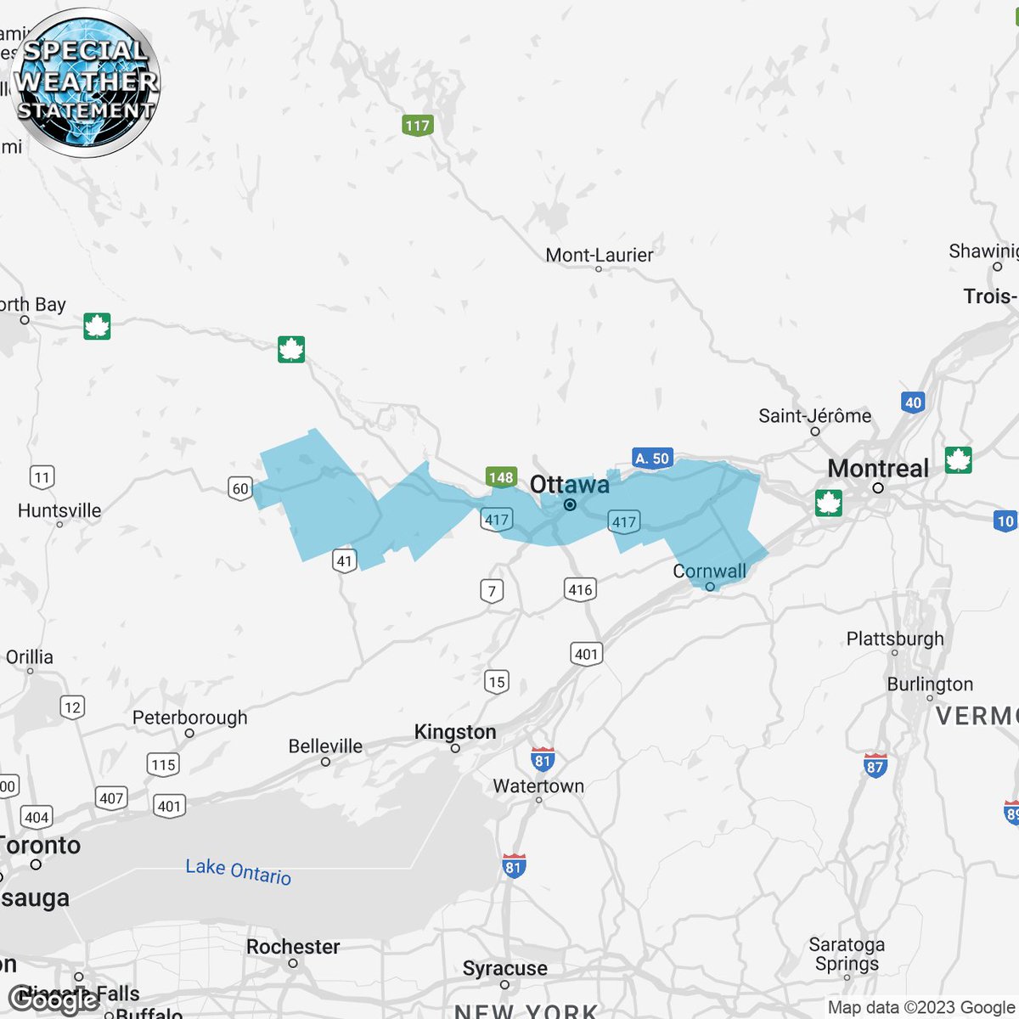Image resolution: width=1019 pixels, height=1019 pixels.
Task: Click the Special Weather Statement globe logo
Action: pos(87,83)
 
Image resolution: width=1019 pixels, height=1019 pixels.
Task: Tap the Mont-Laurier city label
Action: pos(600,255)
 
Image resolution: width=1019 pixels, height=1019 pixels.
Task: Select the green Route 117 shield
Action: pos(417,126)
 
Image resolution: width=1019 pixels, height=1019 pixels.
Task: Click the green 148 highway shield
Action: pos(501,477)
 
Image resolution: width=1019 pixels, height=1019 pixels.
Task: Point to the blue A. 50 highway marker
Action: pos(652,459)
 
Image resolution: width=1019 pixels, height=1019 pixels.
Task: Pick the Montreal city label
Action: pos(878,469)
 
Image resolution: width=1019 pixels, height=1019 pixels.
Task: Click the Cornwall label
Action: pos(709,571)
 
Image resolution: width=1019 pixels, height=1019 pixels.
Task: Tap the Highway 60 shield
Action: pos(240,488)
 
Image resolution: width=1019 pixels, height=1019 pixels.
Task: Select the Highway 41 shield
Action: pos(344,560)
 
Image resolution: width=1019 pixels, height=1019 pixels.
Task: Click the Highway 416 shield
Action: pos(581,589)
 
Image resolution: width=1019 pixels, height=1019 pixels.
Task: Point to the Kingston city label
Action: pos(455,732)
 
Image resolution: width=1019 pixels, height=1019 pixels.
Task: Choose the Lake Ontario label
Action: pos(239,871)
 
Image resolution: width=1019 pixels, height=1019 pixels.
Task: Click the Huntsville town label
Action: pos(59,510)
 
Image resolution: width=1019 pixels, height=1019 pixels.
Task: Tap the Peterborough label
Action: pos(190,718)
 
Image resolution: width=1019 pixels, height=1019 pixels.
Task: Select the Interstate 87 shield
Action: pos(875,765)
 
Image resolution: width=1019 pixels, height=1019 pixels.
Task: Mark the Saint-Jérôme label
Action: pos(814,416)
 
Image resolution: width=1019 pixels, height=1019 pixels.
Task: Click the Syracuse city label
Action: pos(504,968)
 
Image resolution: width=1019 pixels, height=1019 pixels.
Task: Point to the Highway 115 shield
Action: pos(163,764)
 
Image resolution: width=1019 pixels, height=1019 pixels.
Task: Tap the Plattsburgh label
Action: pos(895,639)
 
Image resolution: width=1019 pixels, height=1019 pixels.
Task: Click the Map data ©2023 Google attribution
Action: pos(921,1007)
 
